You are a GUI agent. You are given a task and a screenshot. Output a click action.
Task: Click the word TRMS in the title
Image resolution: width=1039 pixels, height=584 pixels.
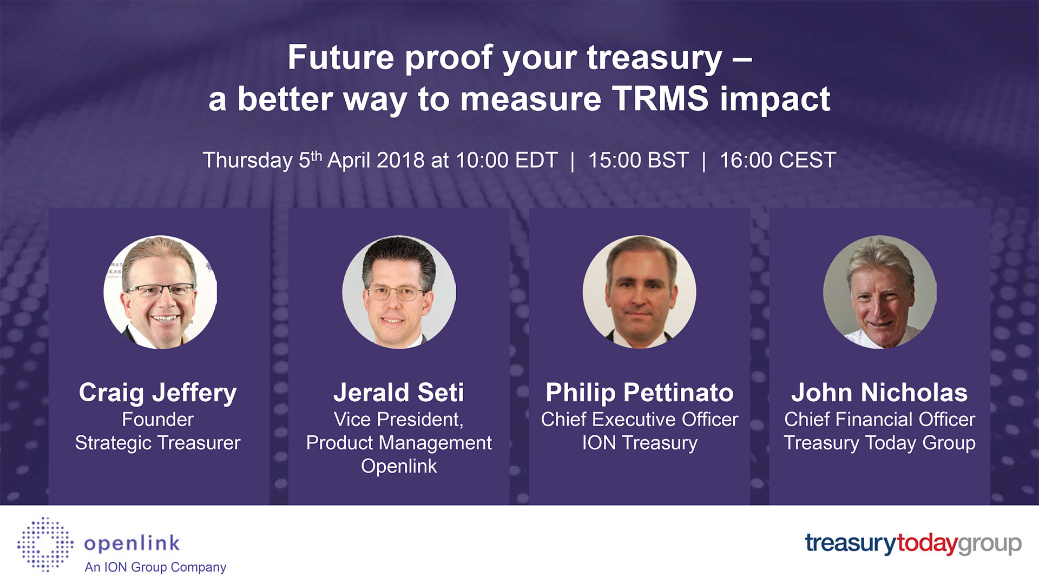click(x=660, y=99)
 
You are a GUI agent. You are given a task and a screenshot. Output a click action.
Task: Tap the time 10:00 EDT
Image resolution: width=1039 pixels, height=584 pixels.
click(x=507, y=161)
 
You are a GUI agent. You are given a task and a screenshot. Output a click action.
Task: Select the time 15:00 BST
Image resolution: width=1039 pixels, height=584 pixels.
click(x=638, y=161)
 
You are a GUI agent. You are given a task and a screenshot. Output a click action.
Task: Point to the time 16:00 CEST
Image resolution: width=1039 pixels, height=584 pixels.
click(x=778, y=161)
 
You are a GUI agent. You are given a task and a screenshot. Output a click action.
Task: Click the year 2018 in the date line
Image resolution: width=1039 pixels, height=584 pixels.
click(x=400, y=161)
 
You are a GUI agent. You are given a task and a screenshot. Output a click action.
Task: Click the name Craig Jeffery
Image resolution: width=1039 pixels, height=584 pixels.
click(x=158, y=393)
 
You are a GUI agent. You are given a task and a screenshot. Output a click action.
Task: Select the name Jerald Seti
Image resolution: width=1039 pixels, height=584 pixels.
click(x=399, y=393)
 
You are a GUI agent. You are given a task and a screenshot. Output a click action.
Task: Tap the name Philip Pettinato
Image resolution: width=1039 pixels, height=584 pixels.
click(x=640, y=393)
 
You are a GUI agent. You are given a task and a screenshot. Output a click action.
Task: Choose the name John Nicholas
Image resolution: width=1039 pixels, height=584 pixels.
click(x=879, y=393)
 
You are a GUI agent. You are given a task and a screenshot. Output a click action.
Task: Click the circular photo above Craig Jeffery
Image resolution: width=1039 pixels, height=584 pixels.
click(x=160, y=292)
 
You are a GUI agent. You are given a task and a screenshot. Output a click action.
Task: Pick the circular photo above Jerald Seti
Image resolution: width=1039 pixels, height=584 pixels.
click(x=399, y=292)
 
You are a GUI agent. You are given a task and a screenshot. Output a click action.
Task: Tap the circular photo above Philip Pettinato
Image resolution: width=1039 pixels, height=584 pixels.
click(x=639, y=292)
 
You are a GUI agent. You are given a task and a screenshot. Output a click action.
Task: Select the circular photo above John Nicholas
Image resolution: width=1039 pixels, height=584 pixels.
click(x=880, y=292)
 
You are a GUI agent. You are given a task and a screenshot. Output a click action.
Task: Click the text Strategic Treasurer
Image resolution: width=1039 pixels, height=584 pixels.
click(x=157, y=443)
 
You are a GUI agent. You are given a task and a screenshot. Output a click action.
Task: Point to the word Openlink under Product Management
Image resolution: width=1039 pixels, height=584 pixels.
click(x=399, y=466)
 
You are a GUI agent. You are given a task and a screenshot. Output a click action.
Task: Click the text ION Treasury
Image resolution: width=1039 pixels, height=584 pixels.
click(x=640, y=443)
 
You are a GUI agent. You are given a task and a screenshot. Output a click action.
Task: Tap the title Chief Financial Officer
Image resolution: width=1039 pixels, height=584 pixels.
click(x=879, y=420)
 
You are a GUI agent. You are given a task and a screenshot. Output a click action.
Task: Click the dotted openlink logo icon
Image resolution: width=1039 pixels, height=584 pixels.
click(x=45, y=545)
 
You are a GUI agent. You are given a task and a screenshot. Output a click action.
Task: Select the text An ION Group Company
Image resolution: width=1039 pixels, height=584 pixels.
click(x=155, y=567)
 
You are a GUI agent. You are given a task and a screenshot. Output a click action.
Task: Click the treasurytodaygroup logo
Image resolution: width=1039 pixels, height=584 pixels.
click(x=913, y=543)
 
